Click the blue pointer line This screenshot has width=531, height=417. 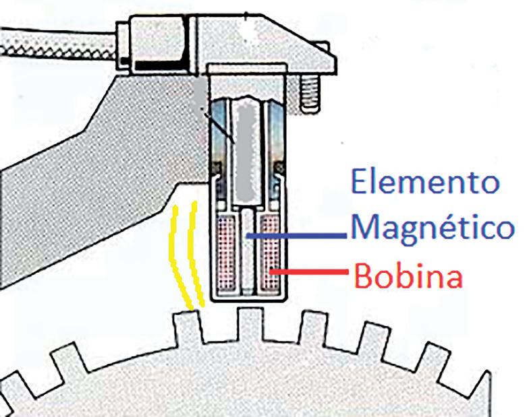coord(297,236)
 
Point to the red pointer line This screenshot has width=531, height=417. coord(310,272)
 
